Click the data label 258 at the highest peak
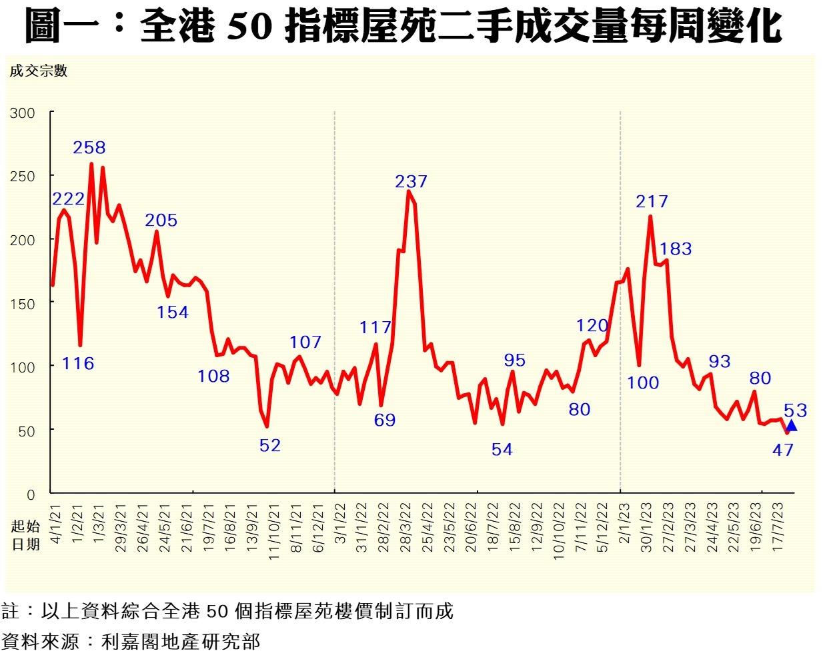click(89, 148)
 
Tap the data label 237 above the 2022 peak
click(411, 182)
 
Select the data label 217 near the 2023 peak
click(652, 202)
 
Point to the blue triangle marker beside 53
click(791, 426)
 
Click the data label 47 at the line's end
click(783, 450)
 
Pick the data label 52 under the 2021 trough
click(270, 446)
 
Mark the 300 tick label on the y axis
click(23, 113)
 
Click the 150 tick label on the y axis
click(23, 304)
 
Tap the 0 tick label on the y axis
click(31, 495)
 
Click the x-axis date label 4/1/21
click(56, 524)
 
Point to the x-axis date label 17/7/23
click(778, 526)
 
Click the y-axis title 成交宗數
click(39, 71)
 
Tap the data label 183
click(676, 249)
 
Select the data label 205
click(161, 221)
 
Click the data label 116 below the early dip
click(78, 364)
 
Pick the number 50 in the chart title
click(250, 27)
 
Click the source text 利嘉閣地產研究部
click(181, 642)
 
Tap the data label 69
click(385, 420)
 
